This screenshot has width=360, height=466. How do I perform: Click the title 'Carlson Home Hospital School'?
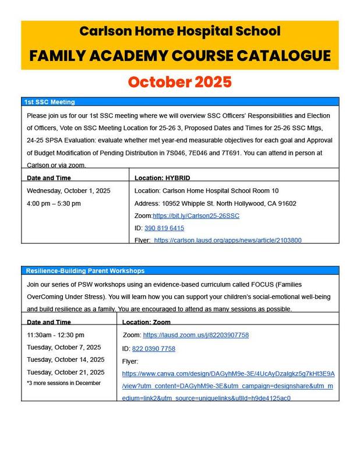180,31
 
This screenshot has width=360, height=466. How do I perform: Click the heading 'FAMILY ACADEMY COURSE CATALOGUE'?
180,56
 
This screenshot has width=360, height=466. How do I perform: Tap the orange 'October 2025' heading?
180,81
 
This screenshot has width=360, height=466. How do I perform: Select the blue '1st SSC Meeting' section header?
50,102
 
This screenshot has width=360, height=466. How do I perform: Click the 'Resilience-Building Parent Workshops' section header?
84,271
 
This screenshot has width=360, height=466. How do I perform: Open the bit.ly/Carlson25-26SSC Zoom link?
196,216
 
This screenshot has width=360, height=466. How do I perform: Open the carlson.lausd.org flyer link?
228,240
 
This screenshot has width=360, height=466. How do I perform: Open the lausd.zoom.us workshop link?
196,335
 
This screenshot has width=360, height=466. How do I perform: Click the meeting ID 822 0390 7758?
153,348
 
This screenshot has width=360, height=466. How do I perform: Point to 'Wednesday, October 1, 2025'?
69,190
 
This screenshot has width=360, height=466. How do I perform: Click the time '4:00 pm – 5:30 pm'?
54,203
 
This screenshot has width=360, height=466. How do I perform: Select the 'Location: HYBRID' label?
162,178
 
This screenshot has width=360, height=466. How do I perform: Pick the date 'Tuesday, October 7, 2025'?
64,347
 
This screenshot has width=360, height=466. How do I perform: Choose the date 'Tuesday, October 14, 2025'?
66,359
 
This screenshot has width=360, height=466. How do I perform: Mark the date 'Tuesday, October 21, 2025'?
66,372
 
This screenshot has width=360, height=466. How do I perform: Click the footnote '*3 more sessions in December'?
63,383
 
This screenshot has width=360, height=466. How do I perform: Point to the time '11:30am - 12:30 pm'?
55,335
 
